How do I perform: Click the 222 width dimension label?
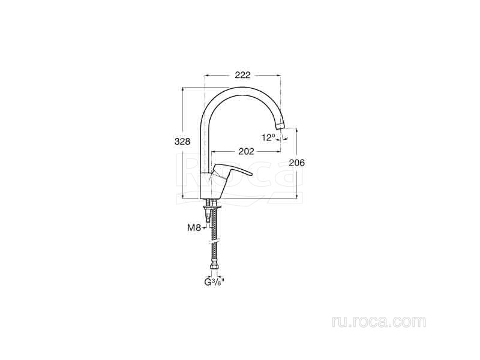pos(242,75)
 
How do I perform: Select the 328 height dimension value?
pos(182,142)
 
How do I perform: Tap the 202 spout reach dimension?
pos(246,151)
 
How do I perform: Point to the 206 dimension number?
pos(297,163)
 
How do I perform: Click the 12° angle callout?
pos(269,138)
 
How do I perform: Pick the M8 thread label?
pos(194,227)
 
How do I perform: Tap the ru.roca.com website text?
pos(379,322)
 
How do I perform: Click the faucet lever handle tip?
pos(251,175)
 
